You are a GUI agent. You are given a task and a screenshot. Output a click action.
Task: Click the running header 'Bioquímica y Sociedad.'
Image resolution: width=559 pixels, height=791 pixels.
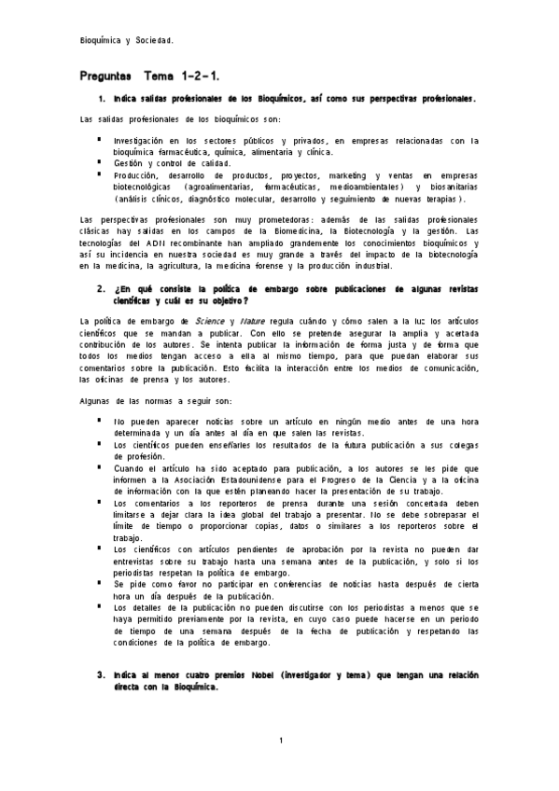127,40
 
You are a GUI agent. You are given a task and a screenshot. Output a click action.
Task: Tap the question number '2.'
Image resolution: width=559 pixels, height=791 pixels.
102,288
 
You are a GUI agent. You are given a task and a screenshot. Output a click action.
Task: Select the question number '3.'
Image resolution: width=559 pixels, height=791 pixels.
102,673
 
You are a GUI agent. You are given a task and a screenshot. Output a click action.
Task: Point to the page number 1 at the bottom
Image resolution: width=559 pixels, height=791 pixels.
280,741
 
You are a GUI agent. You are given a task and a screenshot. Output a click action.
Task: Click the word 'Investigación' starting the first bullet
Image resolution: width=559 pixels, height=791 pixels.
145,140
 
